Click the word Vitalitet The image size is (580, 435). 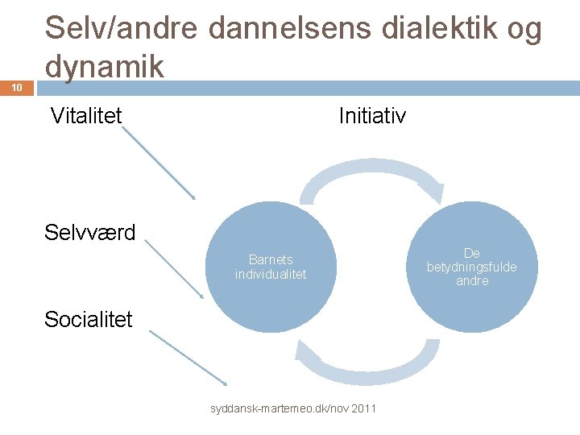pos(86,116)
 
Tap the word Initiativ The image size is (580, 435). pos(372,116)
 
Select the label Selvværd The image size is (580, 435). pos(90,233)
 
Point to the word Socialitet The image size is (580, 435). pos(89,319)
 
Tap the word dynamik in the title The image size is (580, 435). pos(105,66)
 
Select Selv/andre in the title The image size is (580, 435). pos(122,29)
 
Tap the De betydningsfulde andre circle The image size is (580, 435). pos(472,267)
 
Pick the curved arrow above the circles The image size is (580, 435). pos(371,179)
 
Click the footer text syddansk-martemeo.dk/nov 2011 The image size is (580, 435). pos(293,409)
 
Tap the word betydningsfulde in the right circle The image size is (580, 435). pos(472,267)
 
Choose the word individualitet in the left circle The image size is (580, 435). pos(271,274)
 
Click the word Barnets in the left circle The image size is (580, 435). pos(271,259)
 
